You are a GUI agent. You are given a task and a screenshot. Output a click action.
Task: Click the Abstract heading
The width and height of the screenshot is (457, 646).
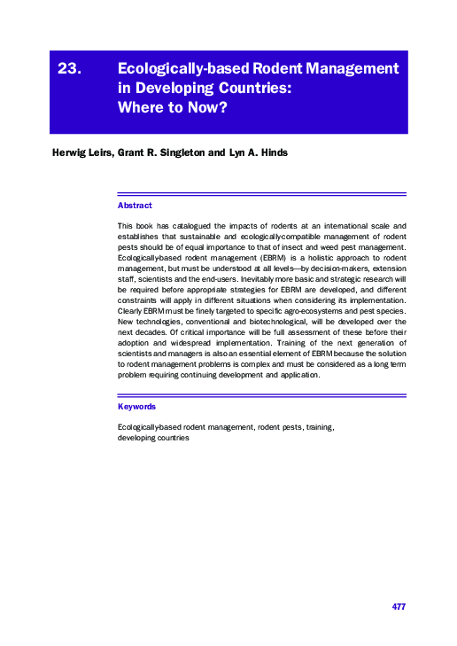coord(135,206)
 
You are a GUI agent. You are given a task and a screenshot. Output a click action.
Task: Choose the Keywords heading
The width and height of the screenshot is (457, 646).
coord(137,406)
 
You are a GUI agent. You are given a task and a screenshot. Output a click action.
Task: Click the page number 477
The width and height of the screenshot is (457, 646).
coord(398,606)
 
